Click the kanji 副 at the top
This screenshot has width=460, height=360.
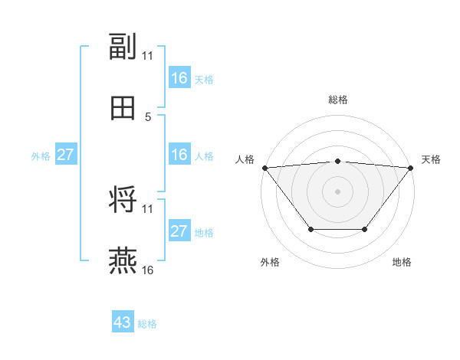coord(123,47)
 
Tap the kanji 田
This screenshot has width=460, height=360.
coord(123,109)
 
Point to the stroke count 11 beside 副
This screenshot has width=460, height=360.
coord(148,55)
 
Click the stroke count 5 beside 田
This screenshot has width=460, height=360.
coord(148,116)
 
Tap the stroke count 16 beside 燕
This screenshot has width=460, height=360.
coord(148,270)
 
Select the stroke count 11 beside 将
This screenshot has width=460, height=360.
coord(148,208)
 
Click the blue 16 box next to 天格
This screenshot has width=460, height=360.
coord(179,78)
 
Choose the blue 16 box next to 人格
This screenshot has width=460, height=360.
coord(179,155)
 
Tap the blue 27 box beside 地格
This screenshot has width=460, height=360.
coord(179,231)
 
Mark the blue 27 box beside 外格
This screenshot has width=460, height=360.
coord(65,155)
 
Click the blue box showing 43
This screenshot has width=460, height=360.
coord(122,322)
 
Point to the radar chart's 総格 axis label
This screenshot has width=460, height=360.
coord(338,100)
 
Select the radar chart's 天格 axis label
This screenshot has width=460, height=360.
coord(432,159)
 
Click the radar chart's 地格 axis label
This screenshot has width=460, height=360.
coord(402,262)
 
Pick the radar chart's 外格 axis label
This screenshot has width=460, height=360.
coord(270,262)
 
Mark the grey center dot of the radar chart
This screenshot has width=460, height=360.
coord(338,191)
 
